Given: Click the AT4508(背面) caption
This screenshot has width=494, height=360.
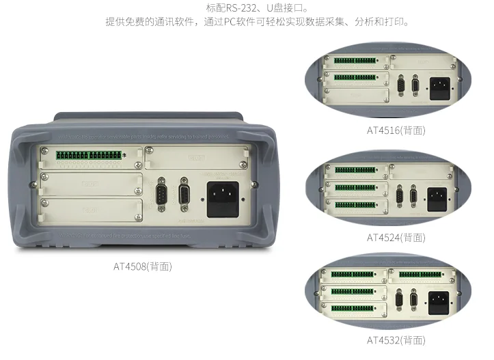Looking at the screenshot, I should pyautogui.click(x=143, y=266).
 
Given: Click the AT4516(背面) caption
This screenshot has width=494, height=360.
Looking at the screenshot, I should pyautogui.click(x=396, y=130).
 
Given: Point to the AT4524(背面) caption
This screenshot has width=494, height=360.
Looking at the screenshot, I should pyautogui.click(x=396, y=237).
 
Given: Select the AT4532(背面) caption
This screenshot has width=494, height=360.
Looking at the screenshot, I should pyautogui.click(x=396, y=340).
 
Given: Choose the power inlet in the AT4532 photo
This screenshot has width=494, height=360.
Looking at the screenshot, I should pyautogui.click(x=438, y=299).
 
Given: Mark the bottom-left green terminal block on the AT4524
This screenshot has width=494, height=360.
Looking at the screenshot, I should pyautogui.click(x=355, y=203).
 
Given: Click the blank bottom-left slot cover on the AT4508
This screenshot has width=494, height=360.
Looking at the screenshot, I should pyautogui.click(x=92, y=211).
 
